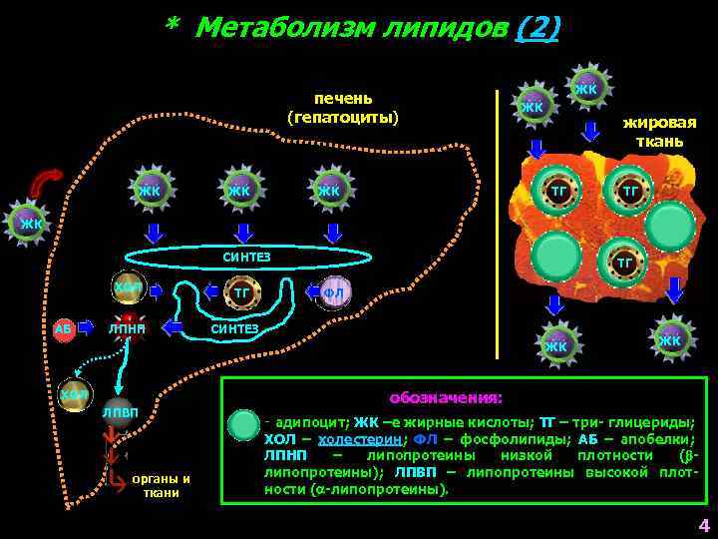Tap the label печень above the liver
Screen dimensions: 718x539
tap(342, 98)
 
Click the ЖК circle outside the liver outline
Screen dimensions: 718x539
tap(28, 222)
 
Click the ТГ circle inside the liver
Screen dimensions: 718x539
tap(242, 292)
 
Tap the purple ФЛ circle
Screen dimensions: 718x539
tap(334, 292)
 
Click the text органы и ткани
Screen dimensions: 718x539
tap(161, 485)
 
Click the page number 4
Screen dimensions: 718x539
tap(703, 526)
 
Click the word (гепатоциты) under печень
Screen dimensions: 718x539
tap(342, 118)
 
